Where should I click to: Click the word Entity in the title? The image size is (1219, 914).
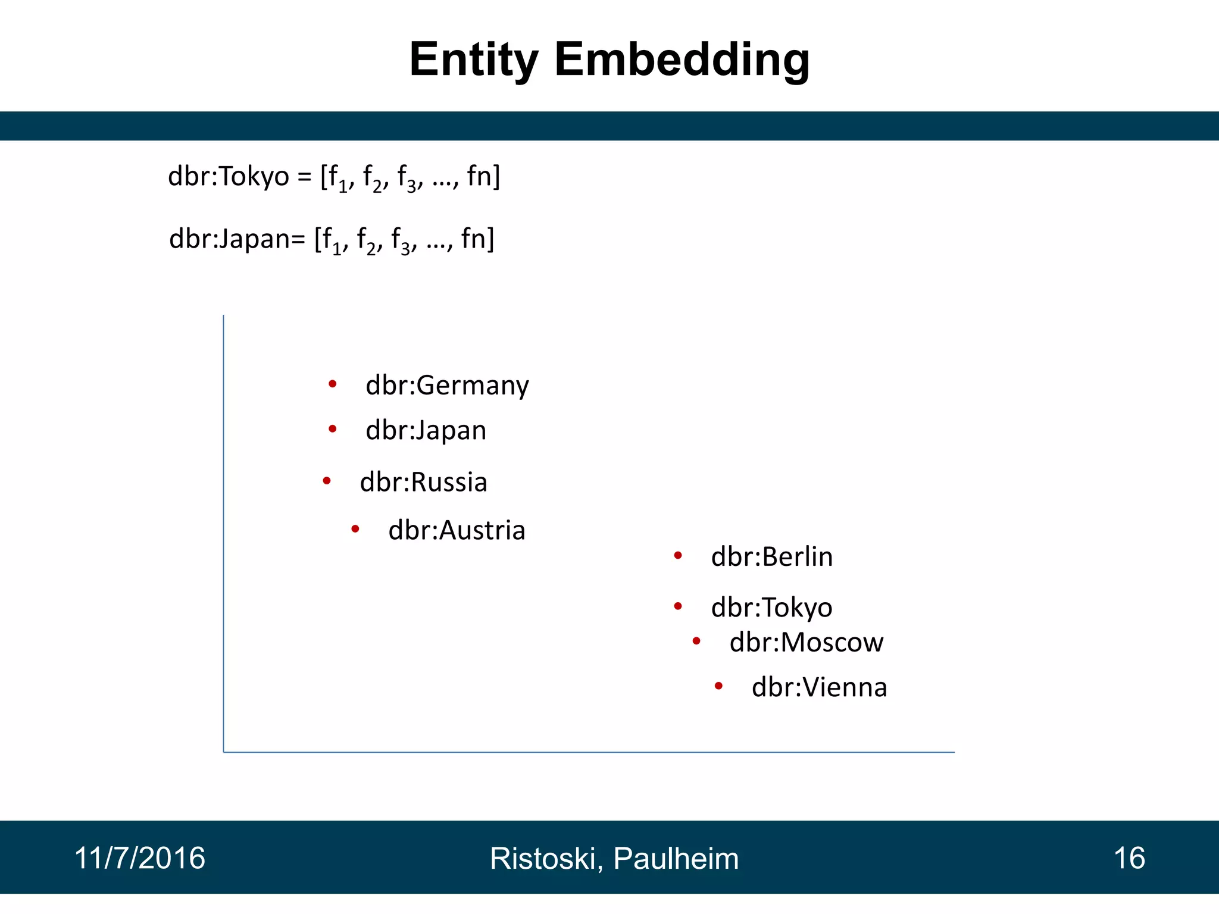(x=474, y=61)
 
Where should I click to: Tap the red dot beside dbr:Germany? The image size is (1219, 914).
(x=333, y=384)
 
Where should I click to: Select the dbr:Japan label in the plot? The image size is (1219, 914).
(x=426, y=430)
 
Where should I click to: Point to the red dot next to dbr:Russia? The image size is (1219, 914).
(x=327, y=480)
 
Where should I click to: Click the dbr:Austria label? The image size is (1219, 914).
(x=457, y=530)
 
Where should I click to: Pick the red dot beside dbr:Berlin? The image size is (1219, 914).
(x=678, y=556)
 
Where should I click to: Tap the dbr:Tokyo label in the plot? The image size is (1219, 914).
(x=771, y=608)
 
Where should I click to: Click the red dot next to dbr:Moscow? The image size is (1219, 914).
(x=696, y=641)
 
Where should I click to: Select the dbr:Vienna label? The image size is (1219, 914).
(x=819, y=687)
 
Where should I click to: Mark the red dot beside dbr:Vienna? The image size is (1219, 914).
(x=718, y=686)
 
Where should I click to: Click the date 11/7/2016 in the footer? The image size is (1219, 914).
(x=139, y=858)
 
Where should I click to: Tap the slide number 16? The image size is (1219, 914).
(x=1129, y=858)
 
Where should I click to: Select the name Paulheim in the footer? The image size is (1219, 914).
(x=676, y=859)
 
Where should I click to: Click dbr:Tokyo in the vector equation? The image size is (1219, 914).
(x=229, y=177)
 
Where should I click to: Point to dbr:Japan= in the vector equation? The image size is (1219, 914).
(x=237, y=239)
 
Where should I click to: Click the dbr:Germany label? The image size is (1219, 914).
(x=447, y=386)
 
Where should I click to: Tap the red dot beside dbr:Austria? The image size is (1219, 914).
(x=355, y=528)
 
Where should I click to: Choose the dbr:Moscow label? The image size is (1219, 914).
(x=807, y=643)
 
